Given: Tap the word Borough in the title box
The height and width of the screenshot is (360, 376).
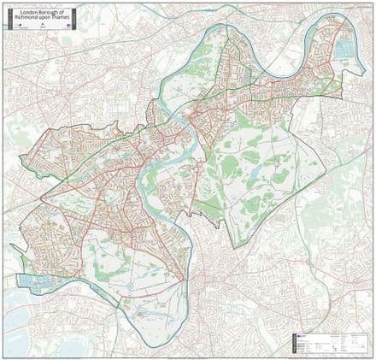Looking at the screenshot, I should (x=48, y=12).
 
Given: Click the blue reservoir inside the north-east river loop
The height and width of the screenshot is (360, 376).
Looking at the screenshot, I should (x=344, y=50).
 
